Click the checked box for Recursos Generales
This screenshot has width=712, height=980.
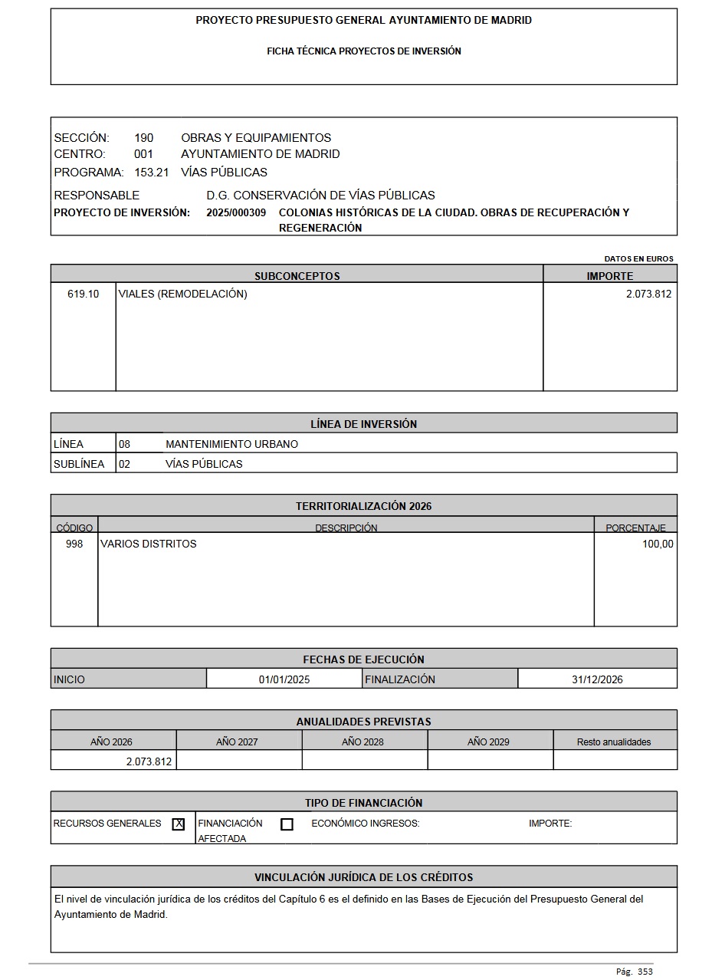click(179, 824)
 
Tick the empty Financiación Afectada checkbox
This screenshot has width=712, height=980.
click(287, 825)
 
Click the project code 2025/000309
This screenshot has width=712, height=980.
click(236, 212)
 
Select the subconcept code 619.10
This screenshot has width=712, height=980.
click(83, 294)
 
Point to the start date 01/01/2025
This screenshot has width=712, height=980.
click(284, 679)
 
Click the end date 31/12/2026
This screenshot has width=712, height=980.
click(597, 679)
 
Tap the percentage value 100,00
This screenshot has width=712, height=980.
click(658, 544)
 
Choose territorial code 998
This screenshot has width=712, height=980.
click(74, 544)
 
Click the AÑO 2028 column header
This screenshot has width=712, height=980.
click(363, 742)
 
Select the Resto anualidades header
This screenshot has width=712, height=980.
click(614, 742)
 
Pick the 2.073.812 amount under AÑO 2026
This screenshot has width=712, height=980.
click(149, 761)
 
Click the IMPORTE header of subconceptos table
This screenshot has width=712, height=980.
click(610, 276)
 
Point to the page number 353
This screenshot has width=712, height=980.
click(645, 972)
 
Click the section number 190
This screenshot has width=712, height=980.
click(143, 138)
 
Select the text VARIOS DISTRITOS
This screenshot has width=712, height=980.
click(148, 544)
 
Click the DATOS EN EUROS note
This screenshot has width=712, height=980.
click(638, 259)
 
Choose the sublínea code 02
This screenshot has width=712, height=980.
click(124, 464)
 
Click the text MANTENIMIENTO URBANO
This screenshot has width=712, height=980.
click(231, 444)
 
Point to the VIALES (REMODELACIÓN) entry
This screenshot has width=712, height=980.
click(182, 294)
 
